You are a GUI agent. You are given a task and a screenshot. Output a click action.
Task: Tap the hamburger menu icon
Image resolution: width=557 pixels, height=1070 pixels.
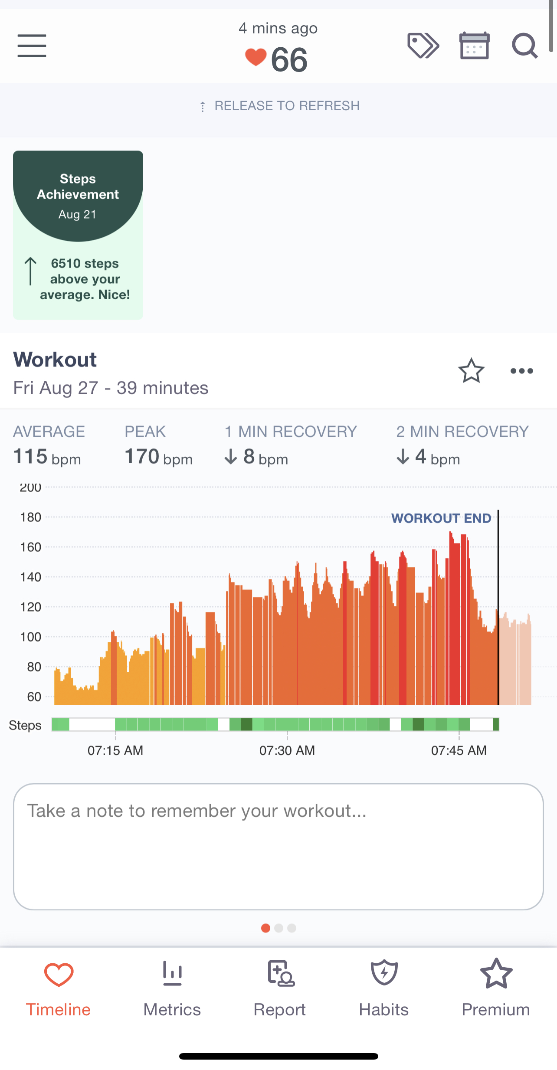point(32,46)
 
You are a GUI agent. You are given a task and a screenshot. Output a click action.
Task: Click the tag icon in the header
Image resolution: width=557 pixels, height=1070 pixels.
point(423,46)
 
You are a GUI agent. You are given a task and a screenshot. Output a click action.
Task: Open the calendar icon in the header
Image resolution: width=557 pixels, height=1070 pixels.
point(474,46)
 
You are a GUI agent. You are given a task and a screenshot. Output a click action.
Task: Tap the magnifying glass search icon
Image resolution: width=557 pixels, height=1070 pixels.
point(524,46)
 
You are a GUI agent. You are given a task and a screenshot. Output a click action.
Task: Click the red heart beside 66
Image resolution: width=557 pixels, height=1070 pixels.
point(256,57)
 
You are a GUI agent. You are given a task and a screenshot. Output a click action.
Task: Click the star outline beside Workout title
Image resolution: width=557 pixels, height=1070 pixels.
point(471,371)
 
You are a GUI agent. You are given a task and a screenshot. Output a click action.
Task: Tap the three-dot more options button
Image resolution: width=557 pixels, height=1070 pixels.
point(521,371)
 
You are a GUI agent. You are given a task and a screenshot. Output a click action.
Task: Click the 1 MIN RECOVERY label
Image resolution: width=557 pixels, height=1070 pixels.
point(291,432)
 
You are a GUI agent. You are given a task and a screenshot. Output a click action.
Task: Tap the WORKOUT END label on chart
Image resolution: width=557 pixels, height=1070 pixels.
point(441,518)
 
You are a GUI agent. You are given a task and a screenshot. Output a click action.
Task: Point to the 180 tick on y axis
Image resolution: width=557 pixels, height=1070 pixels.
point(31,517)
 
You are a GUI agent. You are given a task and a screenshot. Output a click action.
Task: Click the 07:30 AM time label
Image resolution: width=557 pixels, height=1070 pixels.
point(287,750)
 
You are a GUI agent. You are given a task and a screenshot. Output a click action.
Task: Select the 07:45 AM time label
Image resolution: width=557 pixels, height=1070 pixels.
point(459,750)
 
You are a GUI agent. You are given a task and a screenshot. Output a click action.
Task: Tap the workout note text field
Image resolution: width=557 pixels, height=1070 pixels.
point(278,847)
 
